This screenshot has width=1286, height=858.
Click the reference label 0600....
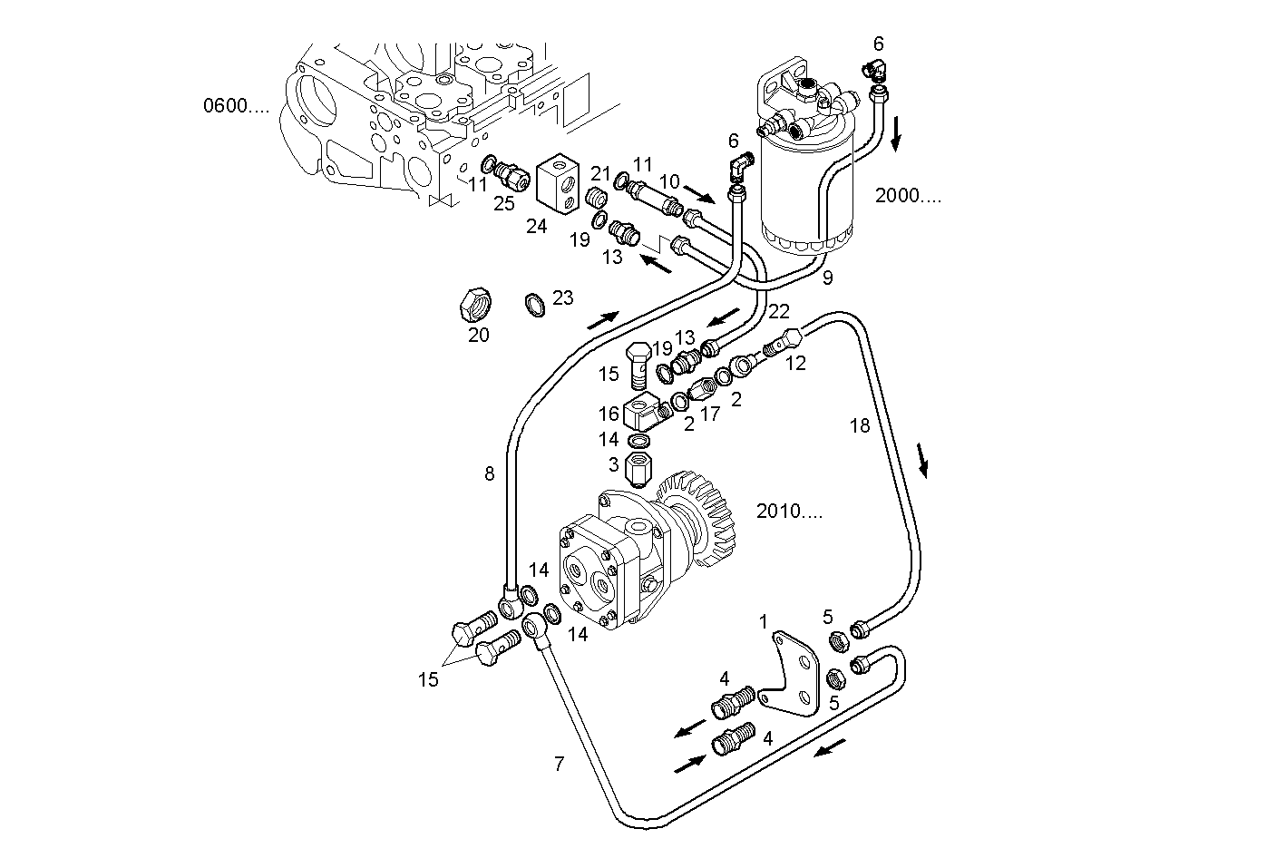236,106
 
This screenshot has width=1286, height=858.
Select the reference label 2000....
908,195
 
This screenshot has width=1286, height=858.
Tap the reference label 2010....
789,512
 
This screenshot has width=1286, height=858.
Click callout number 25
504,203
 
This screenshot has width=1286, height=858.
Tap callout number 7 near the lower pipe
559,764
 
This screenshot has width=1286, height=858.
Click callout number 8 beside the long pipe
490,473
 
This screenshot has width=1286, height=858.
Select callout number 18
859,424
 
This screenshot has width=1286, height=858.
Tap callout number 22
779,311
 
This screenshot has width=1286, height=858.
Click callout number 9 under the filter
827,278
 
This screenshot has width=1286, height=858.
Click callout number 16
608,414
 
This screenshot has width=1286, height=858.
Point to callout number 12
795,363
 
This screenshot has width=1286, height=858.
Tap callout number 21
601,173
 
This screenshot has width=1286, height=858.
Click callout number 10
668,181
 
